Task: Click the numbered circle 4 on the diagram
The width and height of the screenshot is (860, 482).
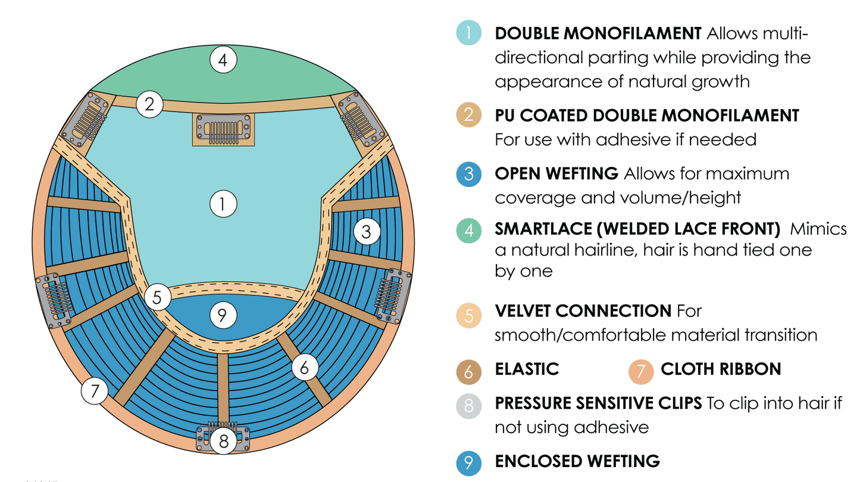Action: [223, 60]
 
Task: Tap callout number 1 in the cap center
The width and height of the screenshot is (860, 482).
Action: [223, 204]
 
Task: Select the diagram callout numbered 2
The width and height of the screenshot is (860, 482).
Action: [149, 104]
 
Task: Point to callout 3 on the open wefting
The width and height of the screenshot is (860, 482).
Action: [367, 232]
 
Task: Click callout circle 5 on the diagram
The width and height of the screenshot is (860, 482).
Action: [157, 297]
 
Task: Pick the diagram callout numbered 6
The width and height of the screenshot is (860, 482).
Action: [304, 368]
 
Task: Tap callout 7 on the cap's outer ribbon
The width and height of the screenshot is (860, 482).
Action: [95, 391]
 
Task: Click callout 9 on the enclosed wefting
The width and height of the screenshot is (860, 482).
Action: [222, 315]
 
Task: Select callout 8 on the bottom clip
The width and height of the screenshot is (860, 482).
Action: [223, 441]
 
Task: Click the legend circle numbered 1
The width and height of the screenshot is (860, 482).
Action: [469, 33]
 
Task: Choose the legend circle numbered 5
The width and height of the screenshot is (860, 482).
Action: [469, 315]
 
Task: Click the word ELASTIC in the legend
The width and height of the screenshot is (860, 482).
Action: [527, 369]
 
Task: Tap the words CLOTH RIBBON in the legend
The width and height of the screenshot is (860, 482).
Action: [721, 369]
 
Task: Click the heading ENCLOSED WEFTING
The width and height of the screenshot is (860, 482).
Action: [577, 461]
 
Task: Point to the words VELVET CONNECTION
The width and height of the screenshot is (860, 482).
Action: [583, 311]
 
